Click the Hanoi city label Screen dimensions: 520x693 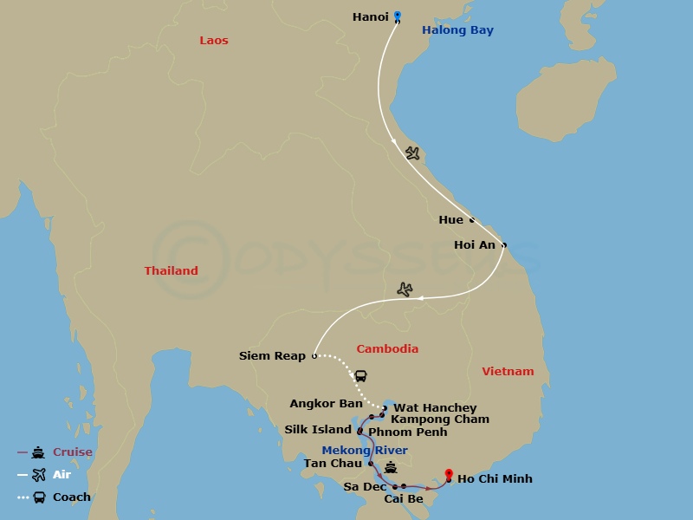click(371, 17)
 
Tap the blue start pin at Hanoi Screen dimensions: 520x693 click(398, 15)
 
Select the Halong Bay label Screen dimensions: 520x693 click(457, 30)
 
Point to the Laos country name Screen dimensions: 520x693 click(214, 41)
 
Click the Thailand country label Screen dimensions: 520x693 click(171, 271)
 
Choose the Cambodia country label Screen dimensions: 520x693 click(387, 349)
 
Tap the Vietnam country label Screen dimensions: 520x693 click(508, 372)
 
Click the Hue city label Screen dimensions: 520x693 click(450, 220)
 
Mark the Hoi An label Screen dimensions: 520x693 click(475, 245)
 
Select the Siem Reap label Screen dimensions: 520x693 click(272, 356)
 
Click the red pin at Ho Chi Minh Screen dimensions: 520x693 click(449, 474)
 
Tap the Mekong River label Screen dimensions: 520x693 click(364, 451)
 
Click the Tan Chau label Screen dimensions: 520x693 click(332, 464)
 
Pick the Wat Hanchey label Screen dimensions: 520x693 click(435, 408)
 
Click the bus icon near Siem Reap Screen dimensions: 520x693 click(360, 376)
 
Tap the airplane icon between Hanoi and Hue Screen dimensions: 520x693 click(412, 153)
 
